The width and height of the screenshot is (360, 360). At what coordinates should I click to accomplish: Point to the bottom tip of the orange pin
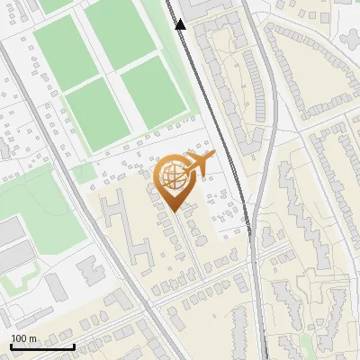pos(174,211)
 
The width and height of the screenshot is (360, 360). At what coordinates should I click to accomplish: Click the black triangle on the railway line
pos(181,24)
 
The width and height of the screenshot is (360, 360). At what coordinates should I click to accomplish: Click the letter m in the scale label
pos(33,338)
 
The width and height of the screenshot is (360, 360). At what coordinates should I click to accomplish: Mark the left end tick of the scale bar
pos(12,346)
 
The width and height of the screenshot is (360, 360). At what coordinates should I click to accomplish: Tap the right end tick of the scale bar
pos(74,346)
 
